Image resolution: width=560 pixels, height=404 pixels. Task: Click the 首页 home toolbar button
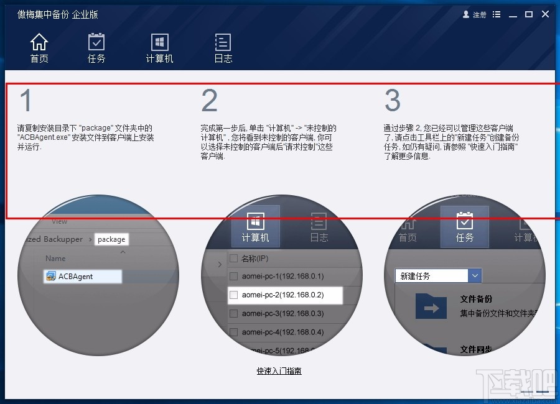39,48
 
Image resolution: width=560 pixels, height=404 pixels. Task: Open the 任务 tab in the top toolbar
96,48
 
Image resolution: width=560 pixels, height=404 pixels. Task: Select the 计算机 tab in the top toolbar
159,48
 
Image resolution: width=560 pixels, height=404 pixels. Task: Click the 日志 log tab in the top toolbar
223,48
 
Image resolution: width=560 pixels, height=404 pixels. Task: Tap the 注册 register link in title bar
475,14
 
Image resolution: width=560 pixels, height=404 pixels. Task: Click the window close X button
545,14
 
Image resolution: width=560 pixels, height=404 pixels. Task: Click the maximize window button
529,14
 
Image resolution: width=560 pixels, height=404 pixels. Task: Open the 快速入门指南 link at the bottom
279,371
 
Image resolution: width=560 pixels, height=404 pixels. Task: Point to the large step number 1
25,101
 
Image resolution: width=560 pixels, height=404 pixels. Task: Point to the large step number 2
210,101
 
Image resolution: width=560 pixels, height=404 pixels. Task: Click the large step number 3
393,101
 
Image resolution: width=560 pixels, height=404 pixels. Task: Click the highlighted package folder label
111,239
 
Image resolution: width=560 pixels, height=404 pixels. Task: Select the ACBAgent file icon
50,277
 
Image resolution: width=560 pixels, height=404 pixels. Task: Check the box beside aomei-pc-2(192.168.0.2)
234,295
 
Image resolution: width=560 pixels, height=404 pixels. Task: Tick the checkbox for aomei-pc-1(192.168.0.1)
234,276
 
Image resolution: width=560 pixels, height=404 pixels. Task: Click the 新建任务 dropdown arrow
475,275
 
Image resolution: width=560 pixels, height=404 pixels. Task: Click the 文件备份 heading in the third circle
476,299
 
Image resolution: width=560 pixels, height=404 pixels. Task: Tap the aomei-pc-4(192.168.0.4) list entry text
282,332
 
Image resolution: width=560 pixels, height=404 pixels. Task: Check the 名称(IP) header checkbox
234,258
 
